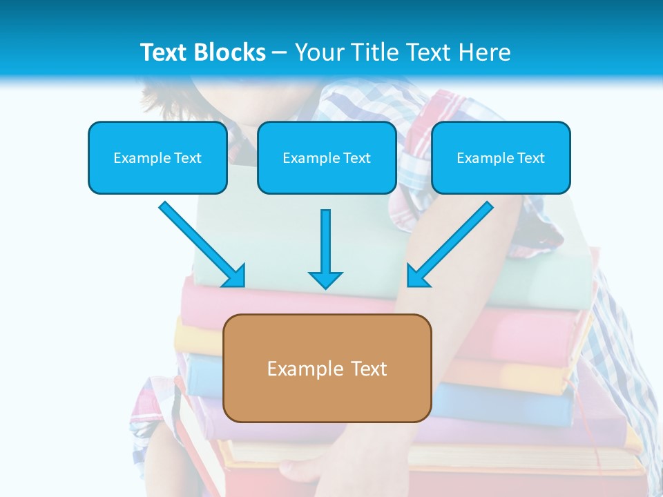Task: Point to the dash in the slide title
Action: (x=280, y=53)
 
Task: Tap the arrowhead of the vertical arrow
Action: (x=325, y=279)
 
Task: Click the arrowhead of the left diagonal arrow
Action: (x=235, y=277)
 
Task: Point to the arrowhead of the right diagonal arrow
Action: (x=416, y=277)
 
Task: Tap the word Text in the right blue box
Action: (x=531, y=158)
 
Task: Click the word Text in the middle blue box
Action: (x=357, y=158)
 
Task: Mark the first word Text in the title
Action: (x=166, y=52)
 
